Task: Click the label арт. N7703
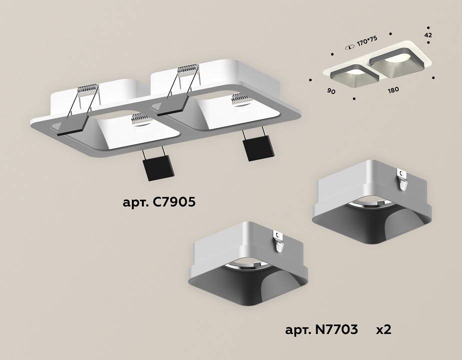pyautogui.click(x=321, y=330)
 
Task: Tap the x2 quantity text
pyautogui.click(x=383, y=330)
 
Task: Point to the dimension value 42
pyautogui.click(x=428, y=35)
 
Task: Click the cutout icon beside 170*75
pyautogui.click(x=349, y=46)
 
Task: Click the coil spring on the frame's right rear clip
pyautogui.click(x=188, y=70)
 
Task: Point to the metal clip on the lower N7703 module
pyautogui.click(x=278, y=241)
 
